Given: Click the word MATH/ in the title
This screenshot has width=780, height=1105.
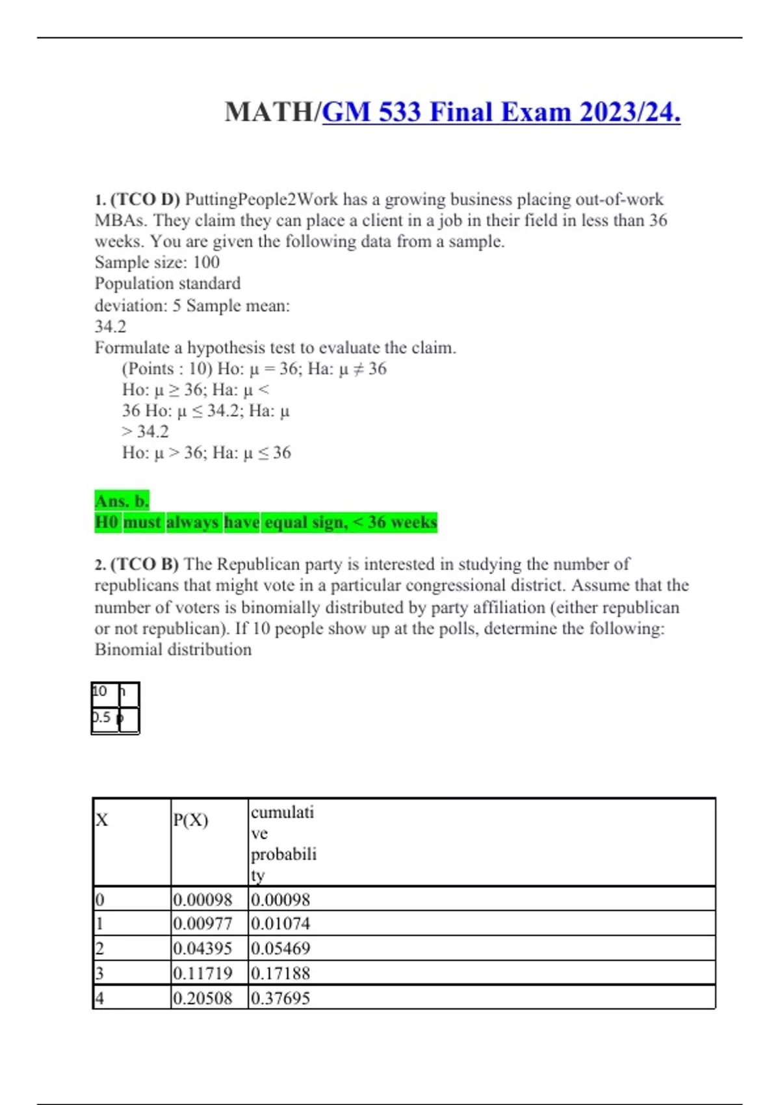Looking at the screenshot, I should (x=272, y=112).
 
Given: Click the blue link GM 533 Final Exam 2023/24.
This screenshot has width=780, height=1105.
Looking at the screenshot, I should (x=501, y=112).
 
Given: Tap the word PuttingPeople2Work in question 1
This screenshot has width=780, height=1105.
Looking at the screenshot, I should (x=261, y=199).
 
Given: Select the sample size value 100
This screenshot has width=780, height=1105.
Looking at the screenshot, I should (x=206, y=262).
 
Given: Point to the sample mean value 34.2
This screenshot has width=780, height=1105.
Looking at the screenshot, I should (x=110, y=326).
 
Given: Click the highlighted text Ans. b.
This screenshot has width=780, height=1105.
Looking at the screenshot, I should (x=122, y=500).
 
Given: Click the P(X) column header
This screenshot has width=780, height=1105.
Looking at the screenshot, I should (x=190, y=820).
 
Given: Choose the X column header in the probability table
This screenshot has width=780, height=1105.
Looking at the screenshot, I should (x=102, y=820).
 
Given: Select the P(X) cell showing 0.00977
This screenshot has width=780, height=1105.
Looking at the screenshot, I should (x=202, y=924).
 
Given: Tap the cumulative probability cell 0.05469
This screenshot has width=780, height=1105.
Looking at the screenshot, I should (x=280, y=948).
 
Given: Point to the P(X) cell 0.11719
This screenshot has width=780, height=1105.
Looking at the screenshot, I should (x=202, y=973).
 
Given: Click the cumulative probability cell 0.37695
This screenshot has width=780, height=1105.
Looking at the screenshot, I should (x=280, y=998).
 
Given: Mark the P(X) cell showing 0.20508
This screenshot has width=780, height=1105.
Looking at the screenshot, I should (x=202, y=998).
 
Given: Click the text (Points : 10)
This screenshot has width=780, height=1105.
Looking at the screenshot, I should (x=166, y=369).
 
